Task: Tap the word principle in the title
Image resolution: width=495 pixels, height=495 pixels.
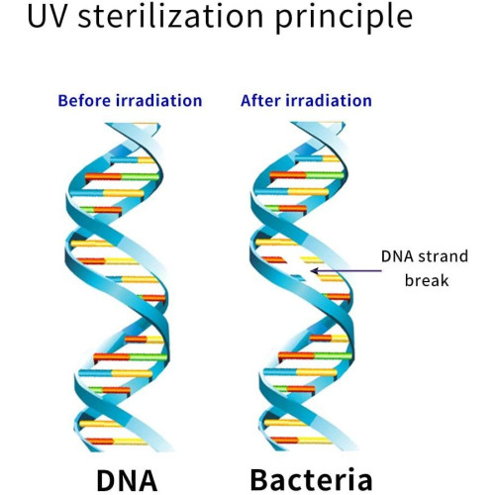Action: click(344, 18)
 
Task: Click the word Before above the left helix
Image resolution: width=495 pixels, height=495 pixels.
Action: click(84, 101)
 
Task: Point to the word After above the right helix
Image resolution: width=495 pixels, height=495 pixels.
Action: click(260, 101)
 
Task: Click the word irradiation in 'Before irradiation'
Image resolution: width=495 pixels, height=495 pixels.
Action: click(159, 101)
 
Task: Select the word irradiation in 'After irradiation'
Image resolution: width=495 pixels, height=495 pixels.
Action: click(329, 101)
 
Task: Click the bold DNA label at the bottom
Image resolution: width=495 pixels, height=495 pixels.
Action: click(127, 480)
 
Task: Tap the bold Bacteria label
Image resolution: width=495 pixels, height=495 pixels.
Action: click(311, 480)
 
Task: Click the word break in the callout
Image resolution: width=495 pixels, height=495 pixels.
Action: click(427, 280)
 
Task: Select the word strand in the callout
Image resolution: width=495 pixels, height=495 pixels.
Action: click(443, 256)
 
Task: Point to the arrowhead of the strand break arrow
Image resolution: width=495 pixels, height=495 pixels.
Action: click(313, 271)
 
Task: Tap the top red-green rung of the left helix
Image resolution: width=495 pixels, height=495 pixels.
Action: click(122, 177)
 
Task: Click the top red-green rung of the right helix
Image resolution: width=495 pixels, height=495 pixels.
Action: click(307, 176)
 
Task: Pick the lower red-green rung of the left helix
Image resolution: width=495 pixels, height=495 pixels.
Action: click(131, 357)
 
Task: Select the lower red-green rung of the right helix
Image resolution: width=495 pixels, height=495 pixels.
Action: click(315, 356)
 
